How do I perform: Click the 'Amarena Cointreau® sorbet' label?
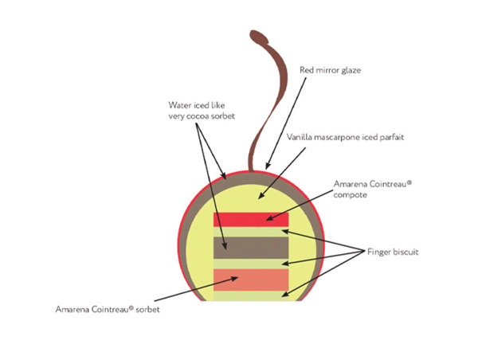(108, 308)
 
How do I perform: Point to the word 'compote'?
(351, 194)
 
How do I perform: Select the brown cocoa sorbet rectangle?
(251, 247)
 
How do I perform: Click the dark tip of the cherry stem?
(257, 36)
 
